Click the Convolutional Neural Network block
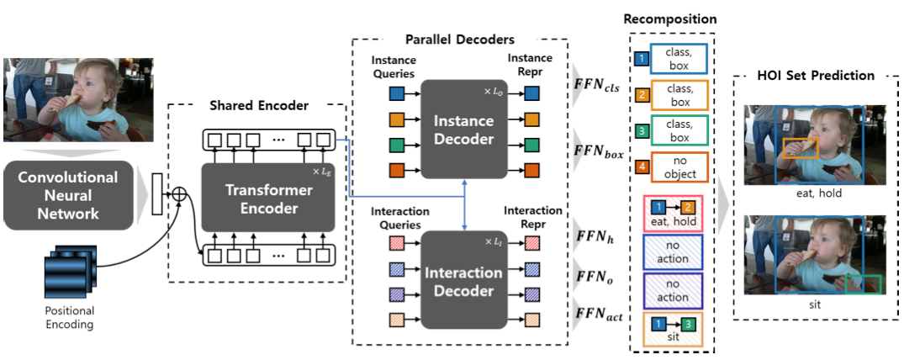pyautogui.click(x=68, y=196)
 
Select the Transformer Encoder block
pyautogui.click(x=268, y=199)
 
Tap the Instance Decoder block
pyautogui.click(x=463, y=130)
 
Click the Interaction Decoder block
pyautogui.click(x=463, y=281)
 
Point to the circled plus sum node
pyautogui.click(x=179, y=195)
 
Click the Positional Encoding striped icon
pyautogui.click(x=71, y=270)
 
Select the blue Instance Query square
pyautogui.click(x=396, y=93)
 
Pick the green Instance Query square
pyautogui.click(x=396, y=145)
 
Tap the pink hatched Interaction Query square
pyautogui.click(x=396, y=243)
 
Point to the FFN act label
pyautogui.click(x=598, y=315)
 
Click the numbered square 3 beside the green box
pyautogui.click(x=640, y=132)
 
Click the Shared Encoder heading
pyautogui.click(x=259, y=106)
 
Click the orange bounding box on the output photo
pyautogui.click(x=801, y=148)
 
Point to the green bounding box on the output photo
pyautogui.click(x=863, y=285)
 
